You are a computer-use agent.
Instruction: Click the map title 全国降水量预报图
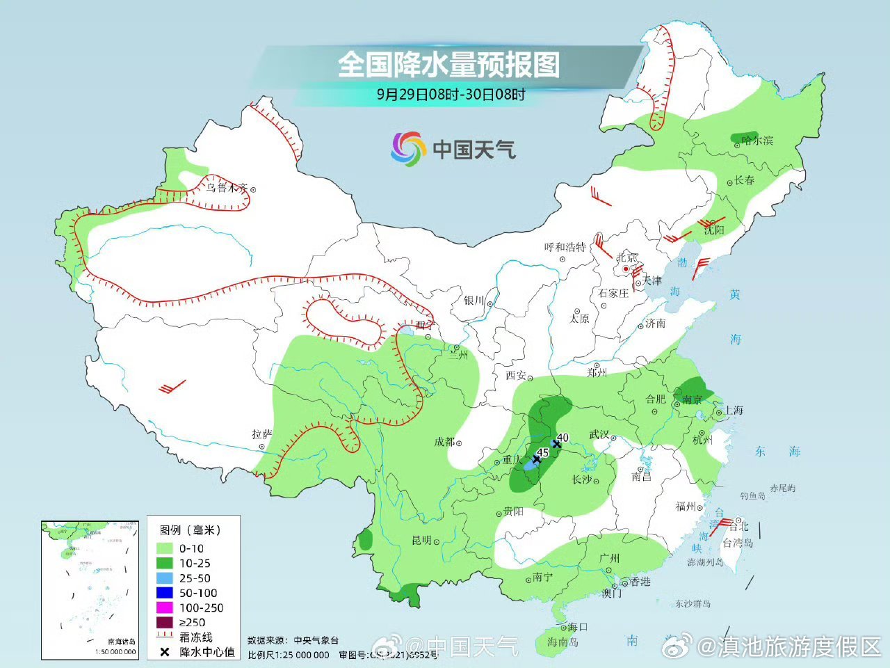point(448,65)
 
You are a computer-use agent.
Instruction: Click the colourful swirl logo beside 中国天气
point(407,148)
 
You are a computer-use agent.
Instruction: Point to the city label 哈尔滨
point(757,141)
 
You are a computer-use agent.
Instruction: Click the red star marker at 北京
point(626,269)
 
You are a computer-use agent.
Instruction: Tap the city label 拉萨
point(262,434)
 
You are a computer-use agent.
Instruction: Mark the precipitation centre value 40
point(563,438)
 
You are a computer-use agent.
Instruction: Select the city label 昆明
point(421,540)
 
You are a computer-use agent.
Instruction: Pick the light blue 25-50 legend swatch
point(165,578)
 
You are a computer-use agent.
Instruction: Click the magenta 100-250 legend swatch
point(165,607)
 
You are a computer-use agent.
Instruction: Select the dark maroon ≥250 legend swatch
point(165,622)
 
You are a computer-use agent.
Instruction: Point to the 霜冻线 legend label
point(195,637)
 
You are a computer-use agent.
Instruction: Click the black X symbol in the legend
point(165,653)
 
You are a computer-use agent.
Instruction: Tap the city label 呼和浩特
point(565,247)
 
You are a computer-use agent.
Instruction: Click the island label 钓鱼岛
point(752,495)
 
